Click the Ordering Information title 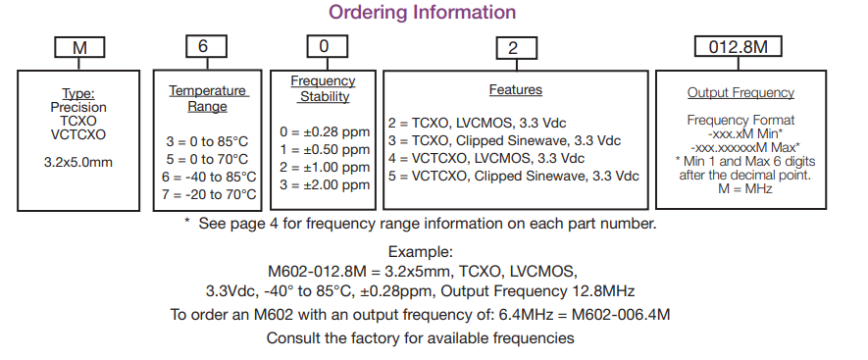click(422, 13)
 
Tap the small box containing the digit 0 click(322, 47)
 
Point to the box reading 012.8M click(728, 47)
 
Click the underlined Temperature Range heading click(208, 98)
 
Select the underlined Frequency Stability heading click(324, 88)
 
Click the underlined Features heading click(515, 90)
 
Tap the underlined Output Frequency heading click(740, 93)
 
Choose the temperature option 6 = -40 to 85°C click(211, 177)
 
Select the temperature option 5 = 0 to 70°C click(211, 159)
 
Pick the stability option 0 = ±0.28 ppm click(325, 131)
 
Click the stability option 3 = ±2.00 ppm click(325, 185)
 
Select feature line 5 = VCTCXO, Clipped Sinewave click(513, 177)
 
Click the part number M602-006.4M click(622, 315)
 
